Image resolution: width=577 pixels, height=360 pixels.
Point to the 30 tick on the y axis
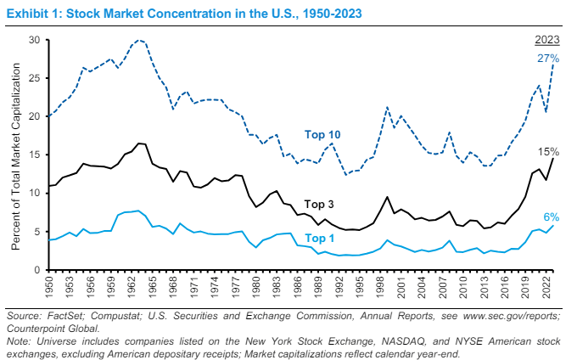click(x=35, y=40)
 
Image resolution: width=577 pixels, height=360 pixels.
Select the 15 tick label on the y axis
click(x=35, y=155)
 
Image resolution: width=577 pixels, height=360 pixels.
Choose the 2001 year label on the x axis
click(x=401, y=287)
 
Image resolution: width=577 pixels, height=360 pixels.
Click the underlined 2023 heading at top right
click(x=546, y=40)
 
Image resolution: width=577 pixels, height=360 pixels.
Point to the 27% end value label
click(x=547, y=58)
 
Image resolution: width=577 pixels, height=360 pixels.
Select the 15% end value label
click(x=547, y=151)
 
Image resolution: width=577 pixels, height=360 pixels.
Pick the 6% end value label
click(x=551, y=217)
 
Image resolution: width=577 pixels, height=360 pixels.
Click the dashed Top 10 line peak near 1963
click(x=139, y=40)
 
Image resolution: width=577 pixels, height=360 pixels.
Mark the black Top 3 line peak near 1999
click(x=387, y=197)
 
